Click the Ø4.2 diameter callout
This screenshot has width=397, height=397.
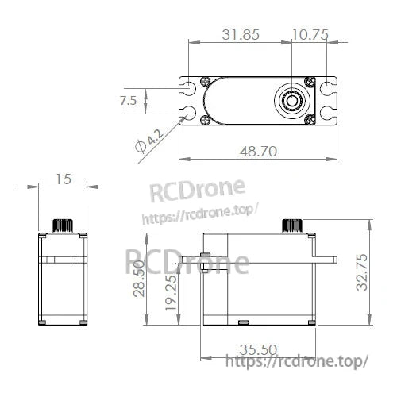148,143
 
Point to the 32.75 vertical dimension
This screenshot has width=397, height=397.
363,274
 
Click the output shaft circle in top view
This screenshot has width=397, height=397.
292,101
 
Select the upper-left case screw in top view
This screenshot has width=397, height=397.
206,82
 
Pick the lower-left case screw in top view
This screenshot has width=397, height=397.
206,121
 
